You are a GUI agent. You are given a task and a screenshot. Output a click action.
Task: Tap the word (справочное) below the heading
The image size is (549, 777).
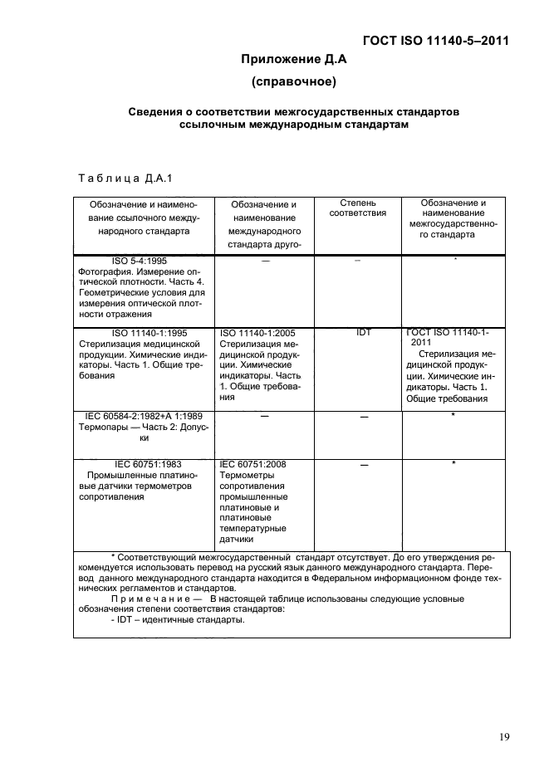292,82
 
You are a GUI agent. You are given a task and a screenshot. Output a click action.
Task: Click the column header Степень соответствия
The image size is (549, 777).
357,208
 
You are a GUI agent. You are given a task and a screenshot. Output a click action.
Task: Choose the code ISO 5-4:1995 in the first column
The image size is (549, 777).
139,261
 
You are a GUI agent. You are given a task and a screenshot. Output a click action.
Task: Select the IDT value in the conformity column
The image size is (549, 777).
364,333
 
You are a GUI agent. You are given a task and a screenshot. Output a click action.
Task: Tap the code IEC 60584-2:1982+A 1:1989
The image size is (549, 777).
144,415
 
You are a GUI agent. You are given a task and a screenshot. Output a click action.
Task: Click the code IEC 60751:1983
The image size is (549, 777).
148,464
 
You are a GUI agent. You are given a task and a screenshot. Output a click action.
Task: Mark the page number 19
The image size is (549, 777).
504,736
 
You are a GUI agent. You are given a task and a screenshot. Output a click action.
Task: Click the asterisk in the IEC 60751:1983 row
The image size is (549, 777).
454,464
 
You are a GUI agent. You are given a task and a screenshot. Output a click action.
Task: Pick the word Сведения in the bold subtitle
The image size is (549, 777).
155,111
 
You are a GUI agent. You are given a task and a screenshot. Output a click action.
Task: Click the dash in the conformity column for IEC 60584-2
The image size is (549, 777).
363,416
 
